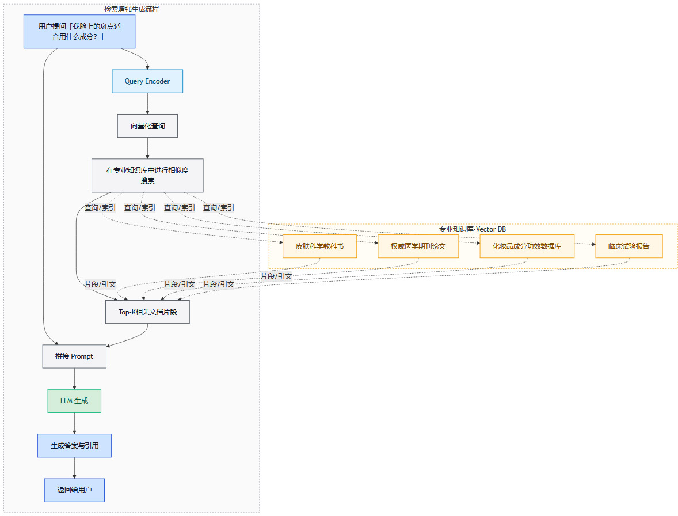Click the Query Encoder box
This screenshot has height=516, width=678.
point(147,81)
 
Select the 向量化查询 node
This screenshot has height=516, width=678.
point(147,126)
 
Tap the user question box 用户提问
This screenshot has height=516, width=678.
point(79,31)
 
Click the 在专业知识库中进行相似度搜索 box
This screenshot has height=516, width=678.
point(147,175)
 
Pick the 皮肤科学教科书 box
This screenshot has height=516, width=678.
point(319,246)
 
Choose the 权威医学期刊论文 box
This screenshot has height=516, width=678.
point(418,246)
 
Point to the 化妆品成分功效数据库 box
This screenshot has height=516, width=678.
point(527,246)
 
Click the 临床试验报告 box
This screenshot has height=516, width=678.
point(629,246)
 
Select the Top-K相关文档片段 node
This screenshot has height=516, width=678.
point(147,312)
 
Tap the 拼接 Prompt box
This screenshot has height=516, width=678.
point(74,356)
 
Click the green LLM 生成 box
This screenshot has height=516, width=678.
point(74,401)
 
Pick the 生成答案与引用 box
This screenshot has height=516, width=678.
point(74,445)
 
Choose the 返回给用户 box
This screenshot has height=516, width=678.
point(74,490)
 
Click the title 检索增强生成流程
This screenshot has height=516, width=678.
point(131,9)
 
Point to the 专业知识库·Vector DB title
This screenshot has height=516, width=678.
point(473,229)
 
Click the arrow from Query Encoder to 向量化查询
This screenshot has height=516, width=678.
point(147,104)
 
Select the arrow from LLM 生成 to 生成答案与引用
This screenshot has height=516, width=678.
point(74,423)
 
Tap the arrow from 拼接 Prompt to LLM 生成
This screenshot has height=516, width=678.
point(74,378)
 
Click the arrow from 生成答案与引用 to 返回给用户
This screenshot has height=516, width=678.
point(74,468)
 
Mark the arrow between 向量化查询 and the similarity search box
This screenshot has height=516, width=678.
point(147,148)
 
